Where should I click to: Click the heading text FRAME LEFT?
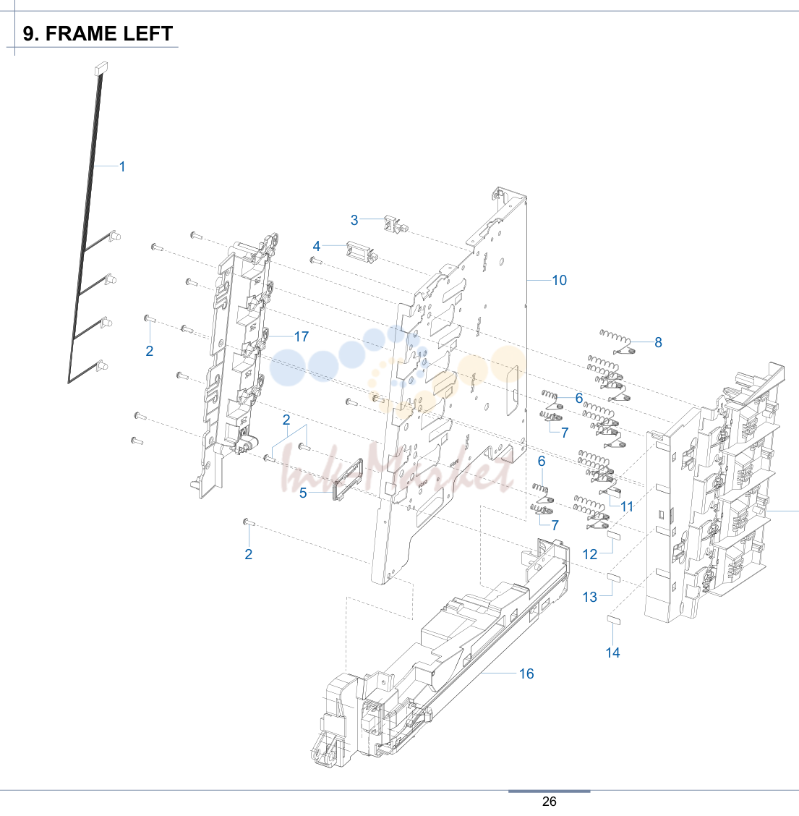click(109, 34)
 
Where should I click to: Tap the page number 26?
click(550, 802)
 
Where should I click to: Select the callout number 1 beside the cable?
click(122, 167)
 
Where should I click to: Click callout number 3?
click(354, 220)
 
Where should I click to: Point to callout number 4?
click(316, 246)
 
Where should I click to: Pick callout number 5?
click(303, 493)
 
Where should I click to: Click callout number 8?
click(658, 342)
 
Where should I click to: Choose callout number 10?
click(559, 281)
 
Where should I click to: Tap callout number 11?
click(627, 506)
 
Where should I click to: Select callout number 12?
click(590, 555)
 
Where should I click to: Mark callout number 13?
click(590, 597)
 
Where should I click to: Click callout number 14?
click(612, 653)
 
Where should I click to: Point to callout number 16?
click(526, 674)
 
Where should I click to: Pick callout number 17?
click(302, 336)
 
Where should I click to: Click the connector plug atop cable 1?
click(101, 68)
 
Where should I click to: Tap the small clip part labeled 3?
click(395, 224)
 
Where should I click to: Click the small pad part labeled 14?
click(614, 619)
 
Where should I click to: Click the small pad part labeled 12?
click(615, 535)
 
